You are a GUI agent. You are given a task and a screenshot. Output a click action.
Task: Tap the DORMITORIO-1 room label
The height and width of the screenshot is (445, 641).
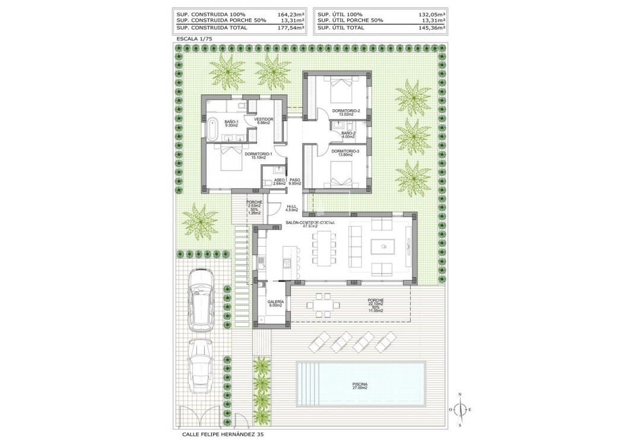pos(258,155)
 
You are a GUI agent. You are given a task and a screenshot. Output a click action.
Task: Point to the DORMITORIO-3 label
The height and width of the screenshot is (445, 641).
pos(346,152)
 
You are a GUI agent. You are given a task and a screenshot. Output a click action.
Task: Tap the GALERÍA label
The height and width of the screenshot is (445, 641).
pos(275,303)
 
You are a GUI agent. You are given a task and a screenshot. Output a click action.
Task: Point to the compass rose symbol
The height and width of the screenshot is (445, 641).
pos(460,409)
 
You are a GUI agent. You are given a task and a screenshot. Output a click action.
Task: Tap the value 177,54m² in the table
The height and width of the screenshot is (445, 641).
pos(291,27)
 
